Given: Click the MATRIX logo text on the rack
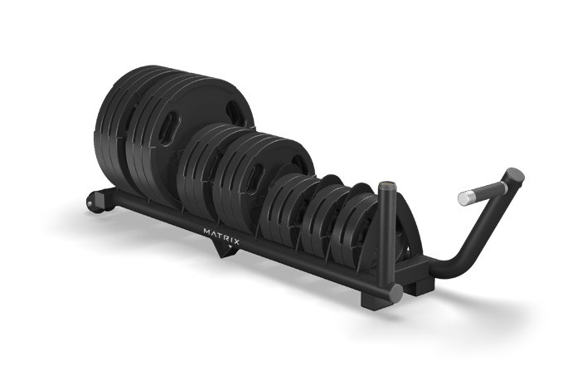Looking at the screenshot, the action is [x=221, y=236].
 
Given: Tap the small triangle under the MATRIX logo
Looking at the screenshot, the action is [x=230, y=246].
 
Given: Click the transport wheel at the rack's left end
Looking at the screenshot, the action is [x=95, y=203].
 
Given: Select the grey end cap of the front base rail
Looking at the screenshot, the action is [x=395, y=292].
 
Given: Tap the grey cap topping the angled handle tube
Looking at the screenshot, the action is [x=515, y=176].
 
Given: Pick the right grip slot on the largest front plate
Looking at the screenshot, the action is [x=234, y=111].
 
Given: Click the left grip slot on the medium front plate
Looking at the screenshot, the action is [x=255, y=177].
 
